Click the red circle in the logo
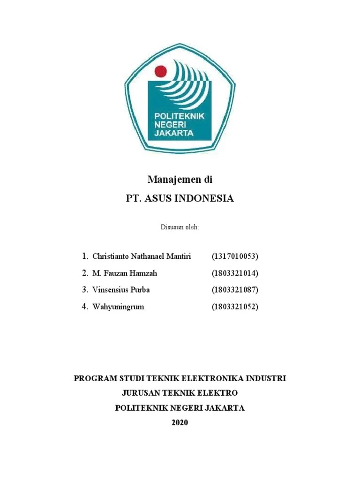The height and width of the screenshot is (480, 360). point(161,72)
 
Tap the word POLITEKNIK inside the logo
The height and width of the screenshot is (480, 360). point(180,116)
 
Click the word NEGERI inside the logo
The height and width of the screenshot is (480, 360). point(171,124)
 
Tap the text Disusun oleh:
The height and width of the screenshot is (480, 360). point(180,227)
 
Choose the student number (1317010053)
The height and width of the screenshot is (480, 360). point(235,256)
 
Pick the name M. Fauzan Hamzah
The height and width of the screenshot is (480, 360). point(126,273)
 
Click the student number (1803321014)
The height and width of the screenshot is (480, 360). point(235,273)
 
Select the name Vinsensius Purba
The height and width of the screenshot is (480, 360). point(121,290)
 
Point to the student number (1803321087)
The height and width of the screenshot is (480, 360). point(235,290)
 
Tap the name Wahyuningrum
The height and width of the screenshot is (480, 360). point(119,307)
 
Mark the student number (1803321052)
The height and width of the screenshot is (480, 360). point(235,307)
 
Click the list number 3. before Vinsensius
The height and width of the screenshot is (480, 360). point(85,290)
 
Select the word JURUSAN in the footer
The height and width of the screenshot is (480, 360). point(141,393)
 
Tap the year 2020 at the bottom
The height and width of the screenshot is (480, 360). point(180,422)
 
